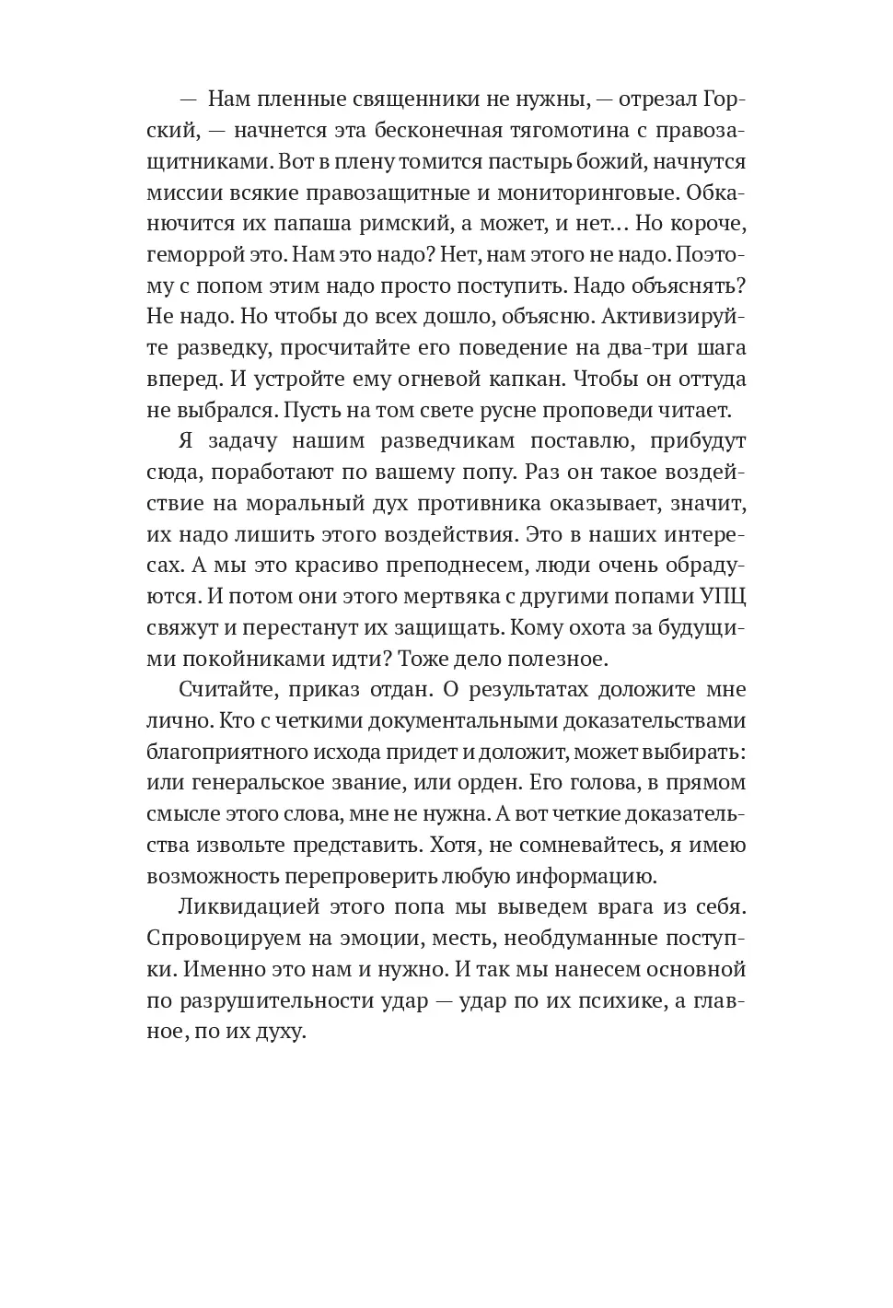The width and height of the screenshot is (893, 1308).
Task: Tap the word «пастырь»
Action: [538, 161]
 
